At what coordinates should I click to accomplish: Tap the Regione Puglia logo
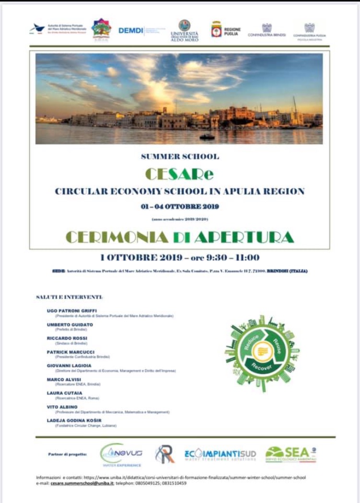tap(226, 29)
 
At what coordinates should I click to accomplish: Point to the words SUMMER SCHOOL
tap(180, 156)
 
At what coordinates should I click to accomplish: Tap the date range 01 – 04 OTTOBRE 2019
tap(180, 206)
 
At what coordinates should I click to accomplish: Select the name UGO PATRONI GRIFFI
tap(72, 311)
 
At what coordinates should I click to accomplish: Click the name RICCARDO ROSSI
tap(67, 338)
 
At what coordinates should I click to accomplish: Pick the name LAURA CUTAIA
tap(65, 393)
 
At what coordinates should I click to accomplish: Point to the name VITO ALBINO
tap(62, 407)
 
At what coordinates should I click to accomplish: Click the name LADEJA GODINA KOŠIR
tap(74, 420)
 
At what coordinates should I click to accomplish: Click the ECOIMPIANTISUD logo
tap(220, 454)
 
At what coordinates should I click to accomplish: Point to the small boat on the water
tap(207, 137)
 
